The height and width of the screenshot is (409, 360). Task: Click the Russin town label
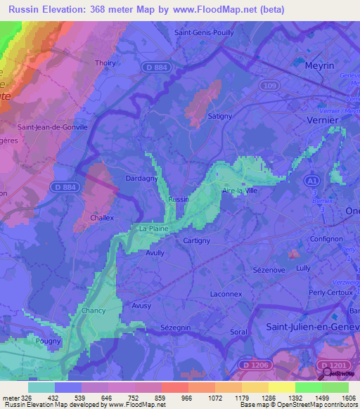[x=179, y=199]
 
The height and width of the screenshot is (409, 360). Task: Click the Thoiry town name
[x=105, y=63]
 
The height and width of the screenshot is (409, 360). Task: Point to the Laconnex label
[x=225, y=294]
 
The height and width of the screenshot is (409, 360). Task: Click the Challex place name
[x=102, y=218]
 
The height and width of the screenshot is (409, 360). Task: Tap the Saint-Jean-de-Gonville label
[x=52, y=127]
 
